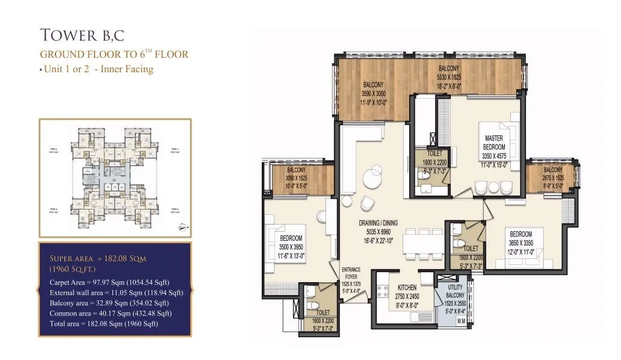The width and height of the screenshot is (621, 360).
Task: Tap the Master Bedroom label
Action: pos(494,143)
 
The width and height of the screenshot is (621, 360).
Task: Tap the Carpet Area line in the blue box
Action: pos(109,282)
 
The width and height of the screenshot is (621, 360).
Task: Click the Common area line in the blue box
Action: pos(110,313)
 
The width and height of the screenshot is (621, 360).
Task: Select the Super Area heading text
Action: pos(97,258)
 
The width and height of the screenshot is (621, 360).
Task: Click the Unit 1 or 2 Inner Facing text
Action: pos(97,69)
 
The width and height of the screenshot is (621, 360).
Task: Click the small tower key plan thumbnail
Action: pos(116,178)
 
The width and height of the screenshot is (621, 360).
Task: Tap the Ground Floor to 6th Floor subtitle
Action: pos(114,54)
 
